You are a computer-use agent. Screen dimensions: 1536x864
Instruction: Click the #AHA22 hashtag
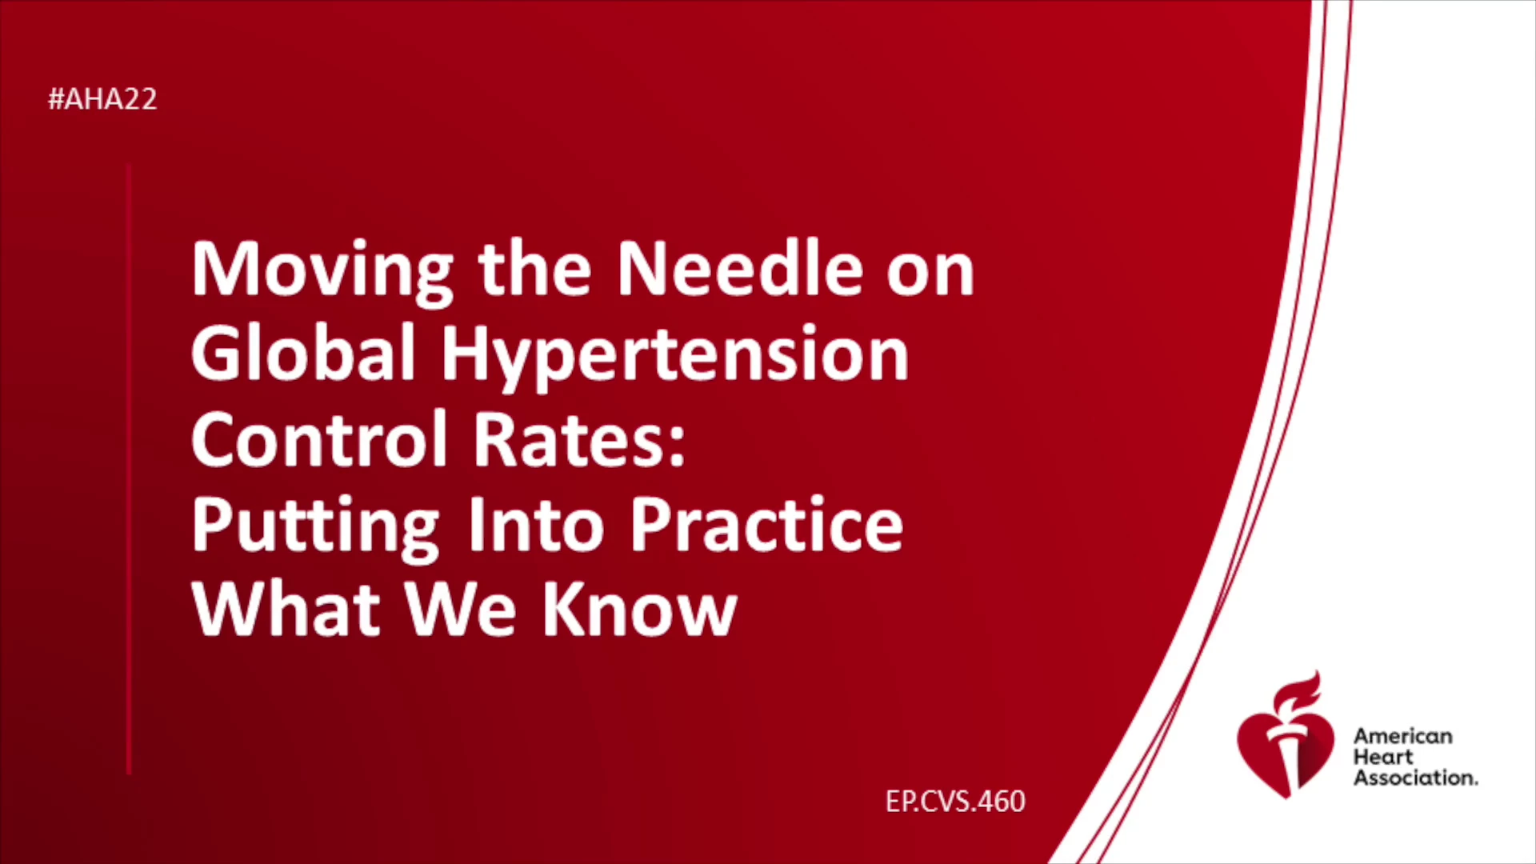pos(102,99)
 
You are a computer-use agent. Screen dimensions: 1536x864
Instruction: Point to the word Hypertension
pos(675,358)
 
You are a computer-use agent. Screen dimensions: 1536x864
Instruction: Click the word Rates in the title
pos(579,439)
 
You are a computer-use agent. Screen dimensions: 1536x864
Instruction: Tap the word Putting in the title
pos(315,528)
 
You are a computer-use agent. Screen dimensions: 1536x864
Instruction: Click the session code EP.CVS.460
pos(955,802)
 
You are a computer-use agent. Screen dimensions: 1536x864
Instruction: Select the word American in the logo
pos(1402,736)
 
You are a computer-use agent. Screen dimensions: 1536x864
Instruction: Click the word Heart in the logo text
pos(1383,757)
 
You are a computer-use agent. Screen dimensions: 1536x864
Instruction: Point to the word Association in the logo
pos(1415,778)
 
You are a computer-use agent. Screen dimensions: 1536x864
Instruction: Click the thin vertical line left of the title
pos(129,470)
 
